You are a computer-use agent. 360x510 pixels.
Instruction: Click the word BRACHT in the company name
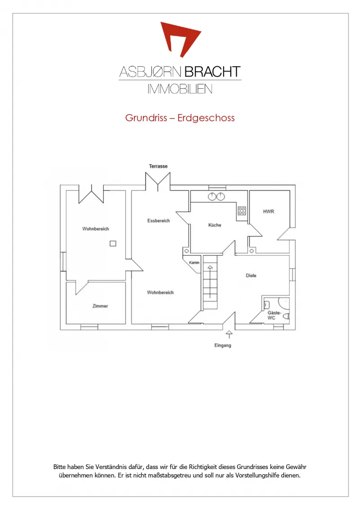(213, 72)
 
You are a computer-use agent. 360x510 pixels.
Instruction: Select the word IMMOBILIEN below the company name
(180, 89)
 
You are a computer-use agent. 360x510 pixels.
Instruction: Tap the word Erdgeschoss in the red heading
(206, 118)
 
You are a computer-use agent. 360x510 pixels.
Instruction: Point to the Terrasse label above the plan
(158, 166)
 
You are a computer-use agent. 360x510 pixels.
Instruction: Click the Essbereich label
(159, 221)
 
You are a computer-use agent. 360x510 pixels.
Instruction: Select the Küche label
(215, 225)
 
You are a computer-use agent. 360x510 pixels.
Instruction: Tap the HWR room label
(269, 212)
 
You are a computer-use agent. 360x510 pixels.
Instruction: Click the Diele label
(251, 275)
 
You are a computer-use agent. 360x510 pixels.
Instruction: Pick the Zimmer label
(100, 306)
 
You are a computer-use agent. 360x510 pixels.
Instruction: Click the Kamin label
(194, 262)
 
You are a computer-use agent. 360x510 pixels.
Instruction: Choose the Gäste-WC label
(274, 315)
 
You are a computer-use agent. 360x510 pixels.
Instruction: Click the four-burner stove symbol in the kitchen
(242, 211)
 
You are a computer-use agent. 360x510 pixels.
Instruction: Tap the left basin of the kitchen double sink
(212, 196)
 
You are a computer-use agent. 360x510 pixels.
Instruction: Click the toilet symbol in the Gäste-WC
(287, 316)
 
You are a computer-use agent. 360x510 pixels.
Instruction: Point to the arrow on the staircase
(210, 282)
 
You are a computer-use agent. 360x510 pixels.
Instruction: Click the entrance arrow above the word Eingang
(229, 334)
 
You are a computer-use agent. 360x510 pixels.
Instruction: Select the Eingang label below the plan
(223, 345)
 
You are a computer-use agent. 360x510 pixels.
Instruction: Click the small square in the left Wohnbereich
(113, 244)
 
